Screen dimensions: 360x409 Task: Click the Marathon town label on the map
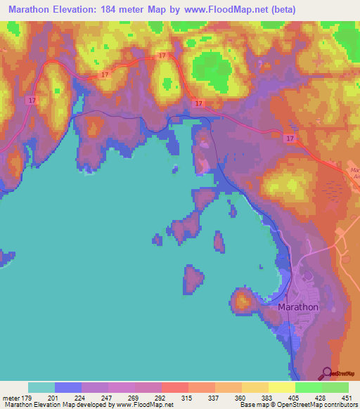coord(298,307)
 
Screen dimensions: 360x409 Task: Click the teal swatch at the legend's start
coord(41,387)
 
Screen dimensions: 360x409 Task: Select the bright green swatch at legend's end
coord(335,387)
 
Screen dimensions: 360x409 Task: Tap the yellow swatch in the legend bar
coord(282,387)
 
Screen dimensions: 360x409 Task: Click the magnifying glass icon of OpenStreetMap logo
coord(326,374)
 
